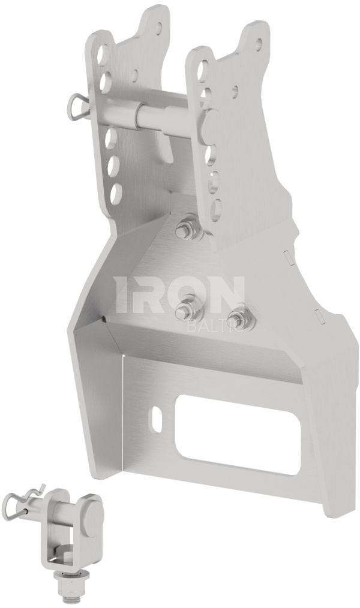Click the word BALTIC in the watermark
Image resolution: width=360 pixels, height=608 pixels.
(215, 327)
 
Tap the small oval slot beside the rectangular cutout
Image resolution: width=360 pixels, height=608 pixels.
(157, 417)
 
